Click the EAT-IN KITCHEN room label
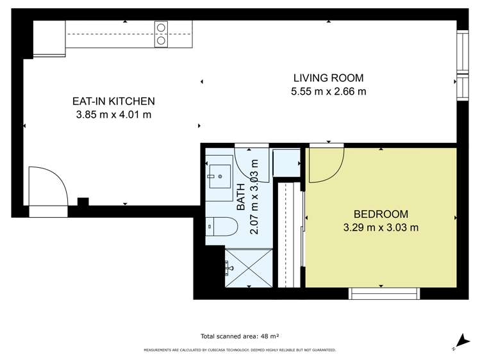click(113, 101)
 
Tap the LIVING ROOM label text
click(329, 78)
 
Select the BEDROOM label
click(381, 214)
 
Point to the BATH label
click(241, 197)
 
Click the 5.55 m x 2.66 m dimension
click(329, 92)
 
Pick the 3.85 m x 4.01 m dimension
click(113, 115)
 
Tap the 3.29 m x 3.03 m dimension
click(381, 227)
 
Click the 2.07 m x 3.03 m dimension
click(254, 197)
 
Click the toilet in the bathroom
click(222, 227)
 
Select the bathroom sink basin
click(220, 177)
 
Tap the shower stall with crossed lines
click(249, 268)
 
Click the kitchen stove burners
click(161, 34)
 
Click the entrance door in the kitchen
click(48, 186)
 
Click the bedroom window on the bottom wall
click(384, 293)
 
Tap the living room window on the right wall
click(463, 65)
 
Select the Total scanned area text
click(240, 336)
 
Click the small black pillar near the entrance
click(83, 202)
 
